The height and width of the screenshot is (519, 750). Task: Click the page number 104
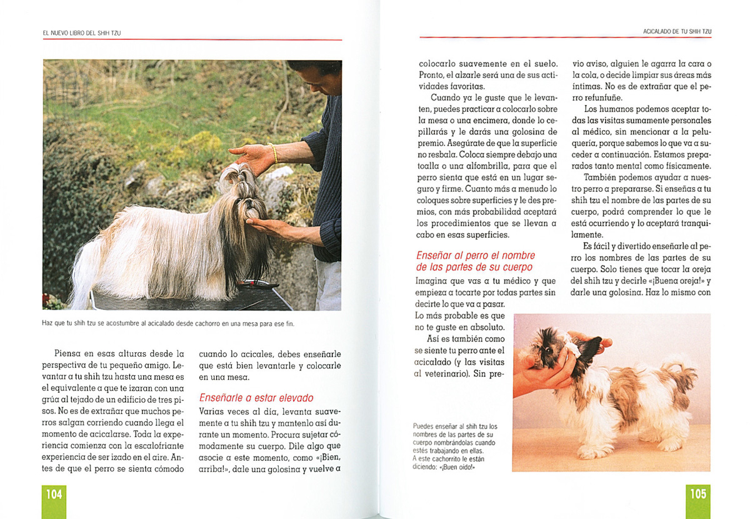click(54, 495)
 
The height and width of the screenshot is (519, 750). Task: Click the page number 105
click(697, 495)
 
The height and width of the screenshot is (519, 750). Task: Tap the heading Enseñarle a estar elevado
click(256, 398)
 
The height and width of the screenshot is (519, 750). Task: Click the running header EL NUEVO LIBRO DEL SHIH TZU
click(81, 32)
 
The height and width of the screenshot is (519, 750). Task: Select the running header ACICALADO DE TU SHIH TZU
click(677, 31)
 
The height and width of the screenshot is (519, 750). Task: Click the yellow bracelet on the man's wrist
click(274, 153)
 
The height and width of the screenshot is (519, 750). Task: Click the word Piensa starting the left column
click(70, 353)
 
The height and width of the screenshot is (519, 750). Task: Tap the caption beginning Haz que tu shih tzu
click(168, 324)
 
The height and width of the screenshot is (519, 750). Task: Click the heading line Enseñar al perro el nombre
click(476, 255)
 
